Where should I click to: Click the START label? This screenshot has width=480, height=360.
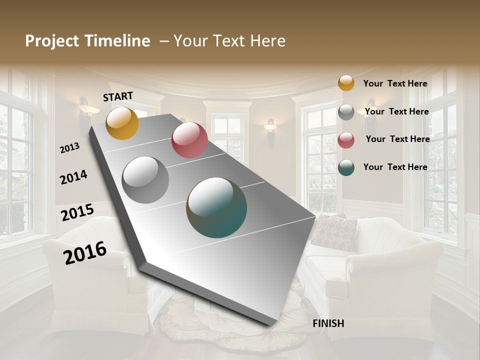(118, 96)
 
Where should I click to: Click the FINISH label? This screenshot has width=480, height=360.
(328, 323)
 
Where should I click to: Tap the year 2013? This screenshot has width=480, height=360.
(69, 147)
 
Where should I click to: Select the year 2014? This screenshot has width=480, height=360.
(73, 177)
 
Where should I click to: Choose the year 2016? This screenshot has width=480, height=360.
(85, 252)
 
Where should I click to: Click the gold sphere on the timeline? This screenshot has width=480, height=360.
(122, 123)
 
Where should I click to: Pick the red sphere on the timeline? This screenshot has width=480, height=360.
(189, 140)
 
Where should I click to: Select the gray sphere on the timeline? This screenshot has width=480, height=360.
(145, 180)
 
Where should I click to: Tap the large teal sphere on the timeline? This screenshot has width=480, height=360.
(216, 207)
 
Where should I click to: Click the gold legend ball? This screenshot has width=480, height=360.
(346, 83)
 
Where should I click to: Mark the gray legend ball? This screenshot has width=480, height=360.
(346, 112)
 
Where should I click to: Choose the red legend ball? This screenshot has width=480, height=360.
(346, 140)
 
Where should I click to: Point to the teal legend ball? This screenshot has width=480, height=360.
(346, 167)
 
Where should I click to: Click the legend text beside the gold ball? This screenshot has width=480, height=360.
(395, 83)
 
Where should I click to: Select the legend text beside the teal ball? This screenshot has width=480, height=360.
(395, 167)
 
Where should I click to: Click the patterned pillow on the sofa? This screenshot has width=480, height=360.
(333, 232)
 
